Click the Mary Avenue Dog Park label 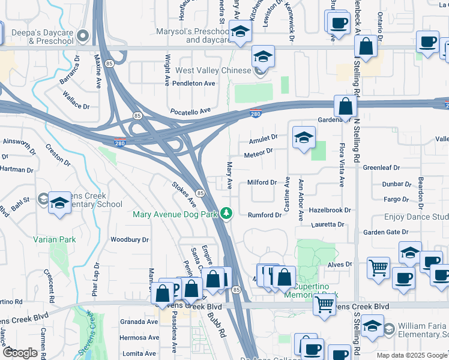point(175,214)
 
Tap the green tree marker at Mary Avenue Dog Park point(226,213)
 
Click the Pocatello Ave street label point(191,111)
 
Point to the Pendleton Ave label point(193,83)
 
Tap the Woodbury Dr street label point(129,239)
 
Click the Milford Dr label point(261,182)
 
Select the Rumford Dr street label point(264,215)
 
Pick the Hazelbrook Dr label point(330,211)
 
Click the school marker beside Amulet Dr point(304,138)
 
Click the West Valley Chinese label point(212,71)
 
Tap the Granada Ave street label point(139,322)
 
